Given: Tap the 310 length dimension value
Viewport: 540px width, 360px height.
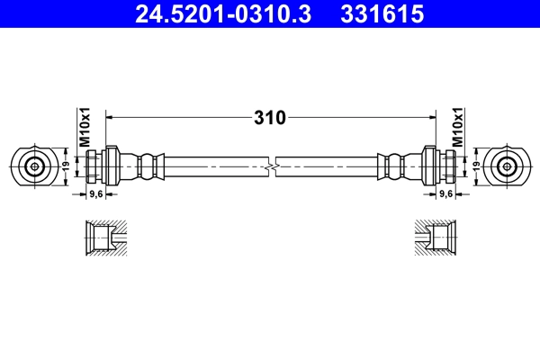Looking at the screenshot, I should coord(269,117).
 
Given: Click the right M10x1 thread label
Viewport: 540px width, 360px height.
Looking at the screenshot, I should coord(458,129).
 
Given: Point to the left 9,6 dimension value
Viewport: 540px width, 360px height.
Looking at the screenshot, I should coord(94,193).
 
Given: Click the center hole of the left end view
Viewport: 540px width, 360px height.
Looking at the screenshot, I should coord(34,166).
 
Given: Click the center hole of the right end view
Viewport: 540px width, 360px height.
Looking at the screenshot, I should coord(506,166).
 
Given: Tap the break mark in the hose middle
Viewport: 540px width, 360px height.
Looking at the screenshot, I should coord(271,166).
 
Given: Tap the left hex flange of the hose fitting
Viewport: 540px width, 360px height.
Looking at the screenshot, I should coord(112,166).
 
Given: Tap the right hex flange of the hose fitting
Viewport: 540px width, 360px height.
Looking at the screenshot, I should coord(428,166).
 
